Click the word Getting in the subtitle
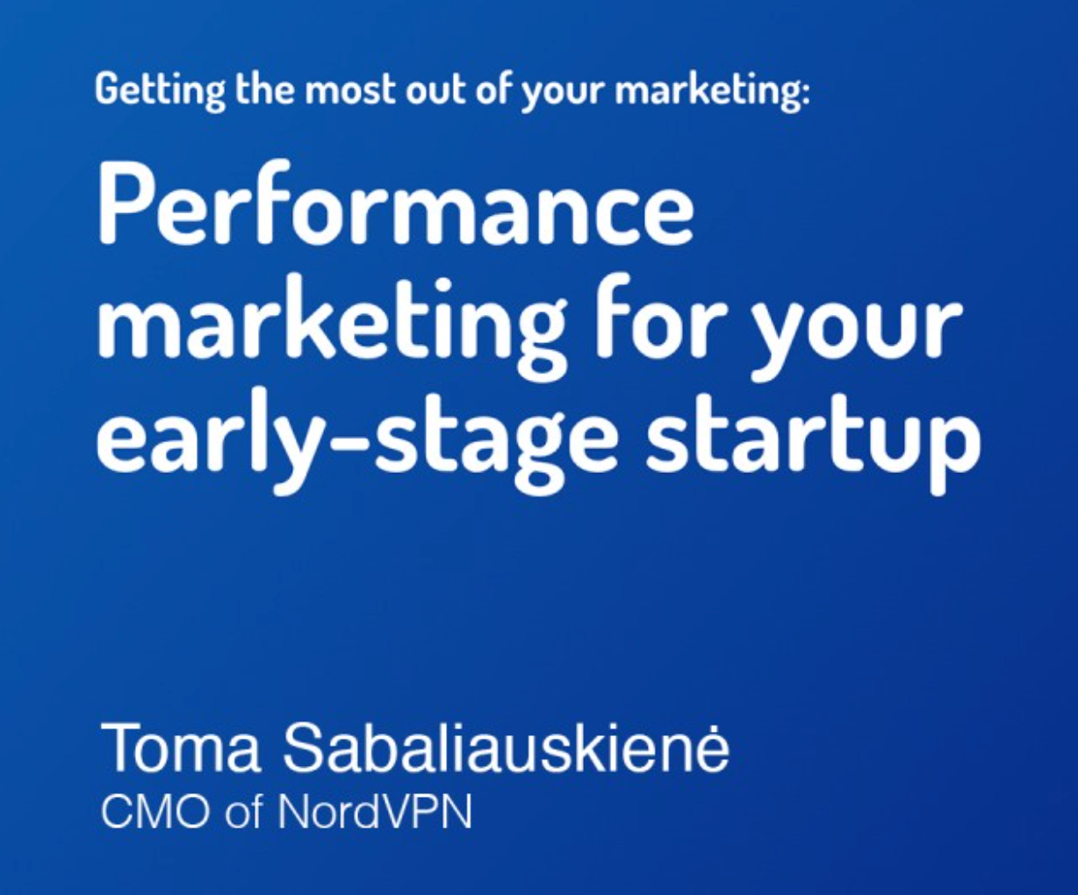(x=160, y=92)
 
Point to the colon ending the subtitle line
(x=804, y=94)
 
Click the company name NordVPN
(x=374, y=813)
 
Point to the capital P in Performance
(x=124, y=206)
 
